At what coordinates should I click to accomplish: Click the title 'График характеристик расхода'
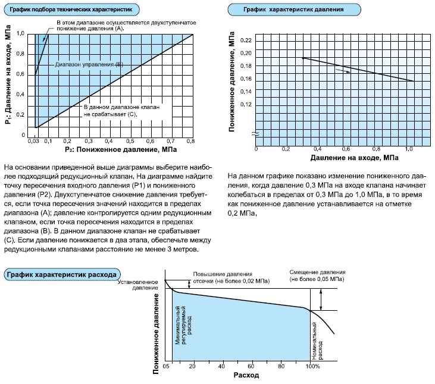62,274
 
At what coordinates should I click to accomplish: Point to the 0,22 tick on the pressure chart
245,40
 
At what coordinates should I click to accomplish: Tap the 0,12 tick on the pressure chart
245,104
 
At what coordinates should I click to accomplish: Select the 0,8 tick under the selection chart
191,141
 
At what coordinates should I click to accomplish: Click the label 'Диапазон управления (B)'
89,64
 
